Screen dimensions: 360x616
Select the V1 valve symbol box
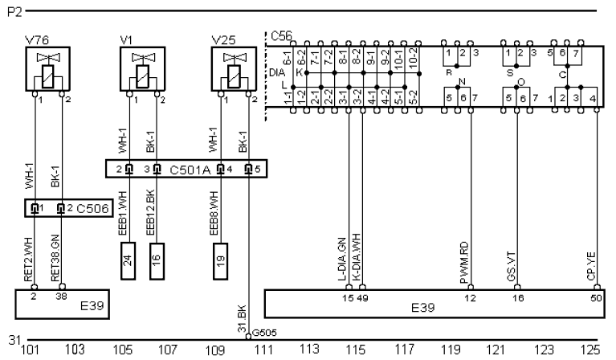pos(141,71)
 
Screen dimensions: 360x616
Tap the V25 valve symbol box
pos(233,71)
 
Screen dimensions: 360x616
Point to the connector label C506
pos(88,208)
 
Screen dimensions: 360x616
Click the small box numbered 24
pos(128,261)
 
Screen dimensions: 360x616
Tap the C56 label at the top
pos(280,36)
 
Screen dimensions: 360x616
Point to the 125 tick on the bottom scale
pos(590,350)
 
